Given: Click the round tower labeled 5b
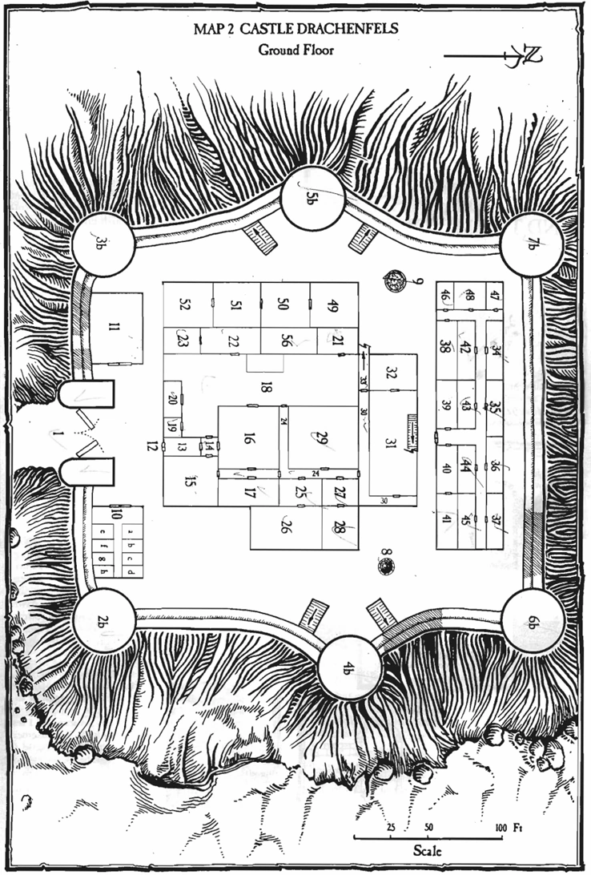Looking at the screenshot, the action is pos(312,198).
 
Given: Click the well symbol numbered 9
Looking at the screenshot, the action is pos(394,280).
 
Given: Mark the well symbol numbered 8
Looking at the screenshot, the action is pos(387,567).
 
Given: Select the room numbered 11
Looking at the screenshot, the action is pos(116,327).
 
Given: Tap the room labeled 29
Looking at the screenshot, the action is pos(322,437).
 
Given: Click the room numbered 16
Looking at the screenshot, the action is pos(248,437).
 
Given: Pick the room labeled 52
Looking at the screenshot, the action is pos(187,304).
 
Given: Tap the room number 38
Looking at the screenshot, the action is pos(446,348).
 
